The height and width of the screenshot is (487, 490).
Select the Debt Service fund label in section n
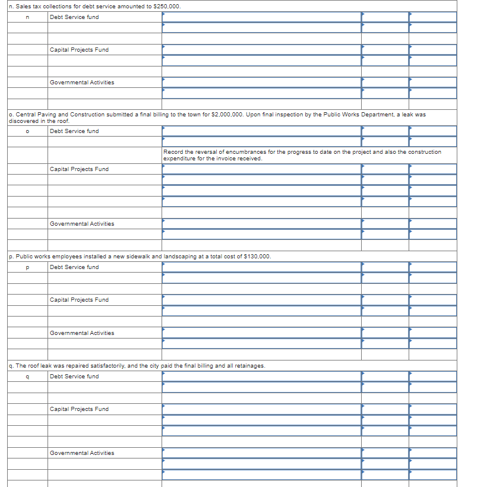pyautogui.click(x=74, y=17)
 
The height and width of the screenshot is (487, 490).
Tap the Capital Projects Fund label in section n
pyautogui.click(x=79, y=50)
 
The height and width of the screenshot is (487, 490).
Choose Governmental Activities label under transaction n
pyautogui.click(x=82, y=83)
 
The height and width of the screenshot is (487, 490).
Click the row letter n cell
pyautogui.click(x=27, y=17)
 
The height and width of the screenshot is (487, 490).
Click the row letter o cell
pyautogui.click(x=27, y=131)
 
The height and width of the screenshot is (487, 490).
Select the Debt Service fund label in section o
pyautogui.click(x=74, y=131)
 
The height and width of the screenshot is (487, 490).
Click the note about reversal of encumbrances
pyautogui.click(x=302, y=155)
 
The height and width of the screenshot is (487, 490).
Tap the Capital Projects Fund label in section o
pyautogui.click(x=79, y=169)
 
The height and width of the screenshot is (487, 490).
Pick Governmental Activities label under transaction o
pyautogui.click(x=82, y=224)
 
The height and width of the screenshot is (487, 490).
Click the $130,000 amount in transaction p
pyautogui.click(x=257, y=257)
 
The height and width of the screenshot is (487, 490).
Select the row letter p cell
pyautogui.click(x=27, y=267)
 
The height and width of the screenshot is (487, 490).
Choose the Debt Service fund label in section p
pyautogui.click(x=74, y=267)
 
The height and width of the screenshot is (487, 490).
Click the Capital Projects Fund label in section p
pyautogui.click(x=79, y=300)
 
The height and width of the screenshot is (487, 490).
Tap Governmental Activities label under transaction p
pyautogui.click(x=82, y=333)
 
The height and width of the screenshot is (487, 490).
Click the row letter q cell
pyautogui.click(x=27, y=377)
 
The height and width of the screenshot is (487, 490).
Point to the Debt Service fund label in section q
pyautogui.click(x=74, y=377)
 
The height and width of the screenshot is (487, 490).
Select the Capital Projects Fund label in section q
pyautogui.click(x=79, y=409)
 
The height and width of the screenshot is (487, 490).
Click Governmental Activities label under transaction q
pyautogui.click(x=82, y=453)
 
